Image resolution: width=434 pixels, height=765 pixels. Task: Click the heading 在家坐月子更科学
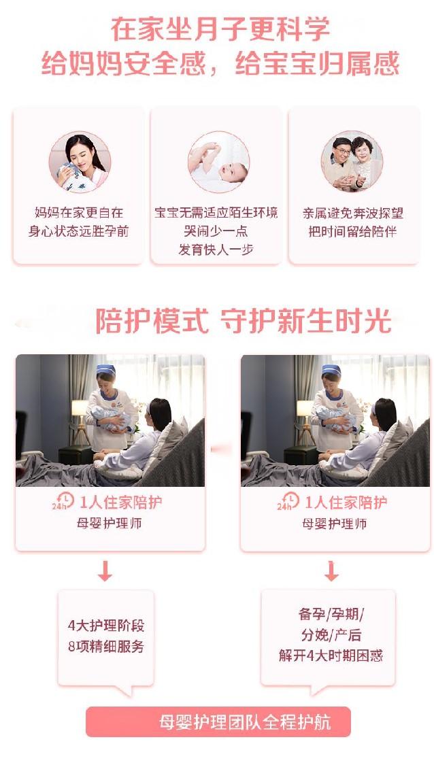click(220, 29)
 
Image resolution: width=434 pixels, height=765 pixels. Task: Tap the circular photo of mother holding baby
click(80, 162)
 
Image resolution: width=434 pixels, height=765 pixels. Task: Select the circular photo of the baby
click(218, 162)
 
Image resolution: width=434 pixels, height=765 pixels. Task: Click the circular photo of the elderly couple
click(352, 162)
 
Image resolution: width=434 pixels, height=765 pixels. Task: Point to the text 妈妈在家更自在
click(79, 213)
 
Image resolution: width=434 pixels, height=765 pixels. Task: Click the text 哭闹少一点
click(216, 231)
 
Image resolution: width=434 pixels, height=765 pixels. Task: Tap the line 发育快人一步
click(216, 250)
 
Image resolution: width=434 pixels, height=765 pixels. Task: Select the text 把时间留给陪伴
click(352, 231)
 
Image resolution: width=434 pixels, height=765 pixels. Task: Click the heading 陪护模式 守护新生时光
click(243, 320)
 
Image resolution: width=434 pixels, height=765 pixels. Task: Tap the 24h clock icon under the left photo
click(63, 501)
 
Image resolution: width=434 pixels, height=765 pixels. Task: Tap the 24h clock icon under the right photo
click(288, 501)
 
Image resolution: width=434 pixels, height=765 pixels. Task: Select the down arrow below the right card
click(331, 571)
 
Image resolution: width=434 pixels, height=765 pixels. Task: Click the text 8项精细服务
click(106, 647)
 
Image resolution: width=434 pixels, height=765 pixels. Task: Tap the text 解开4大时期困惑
click(331, 656)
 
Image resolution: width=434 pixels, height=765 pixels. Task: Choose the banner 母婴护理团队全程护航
click(218, 721)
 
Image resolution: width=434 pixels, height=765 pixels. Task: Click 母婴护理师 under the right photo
click(335, 524)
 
